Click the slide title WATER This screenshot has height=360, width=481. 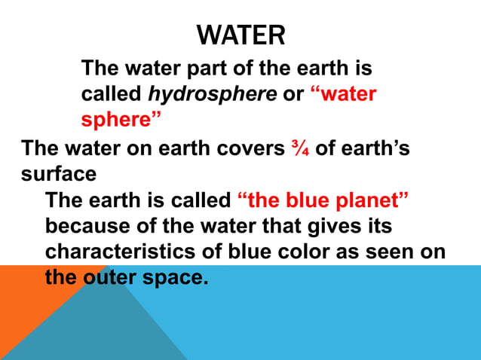pos(240,35)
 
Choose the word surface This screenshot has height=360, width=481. pos(58,174)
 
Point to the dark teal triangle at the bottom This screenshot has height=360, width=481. pos(98,331)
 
